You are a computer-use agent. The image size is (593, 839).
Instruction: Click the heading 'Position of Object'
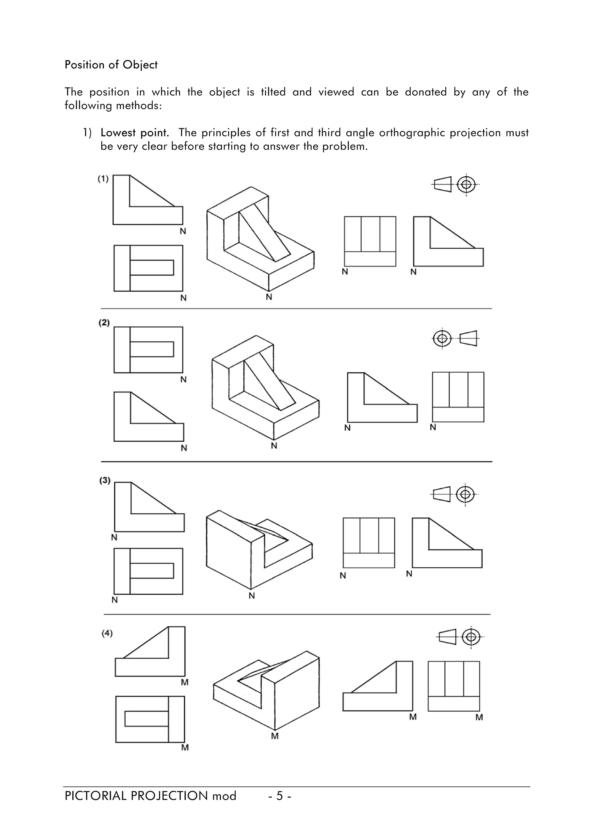coord(111,65)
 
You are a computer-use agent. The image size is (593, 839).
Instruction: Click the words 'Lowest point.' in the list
coord(134,133)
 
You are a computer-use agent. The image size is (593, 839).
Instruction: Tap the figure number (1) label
coord(103,179)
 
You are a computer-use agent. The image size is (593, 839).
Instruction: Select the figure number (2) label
coord(104,323)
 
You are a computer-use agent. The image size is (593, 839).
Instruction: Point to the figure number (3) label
coord(105,481)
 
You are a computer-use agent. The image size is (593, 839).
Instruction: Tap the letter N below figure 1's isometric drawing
coord(269,297)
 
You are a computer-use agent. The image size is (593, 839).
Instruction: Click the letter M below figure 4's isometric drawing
coord(275,736)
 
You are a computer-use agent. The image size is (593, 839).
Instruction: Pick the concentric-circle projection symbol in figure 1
coord(466,184)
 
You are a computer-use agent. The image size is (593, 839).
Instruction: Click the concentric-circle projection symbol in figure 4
coord(471,637)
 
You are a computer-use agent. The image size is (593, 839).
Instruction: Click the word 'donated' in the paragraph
coord(426,92)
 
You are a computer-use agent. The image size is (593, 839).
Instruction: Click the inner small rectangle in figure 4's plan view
coord(147,718)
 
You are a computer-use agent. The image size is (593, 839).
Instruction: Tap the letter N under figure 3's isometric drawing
coord(252,596)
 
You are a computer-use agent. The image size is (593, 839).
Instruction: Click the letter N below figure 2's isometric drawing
coord(274,446)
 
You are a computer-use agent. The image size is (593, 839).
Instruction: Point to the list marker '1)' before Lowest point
coord(87,133)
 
